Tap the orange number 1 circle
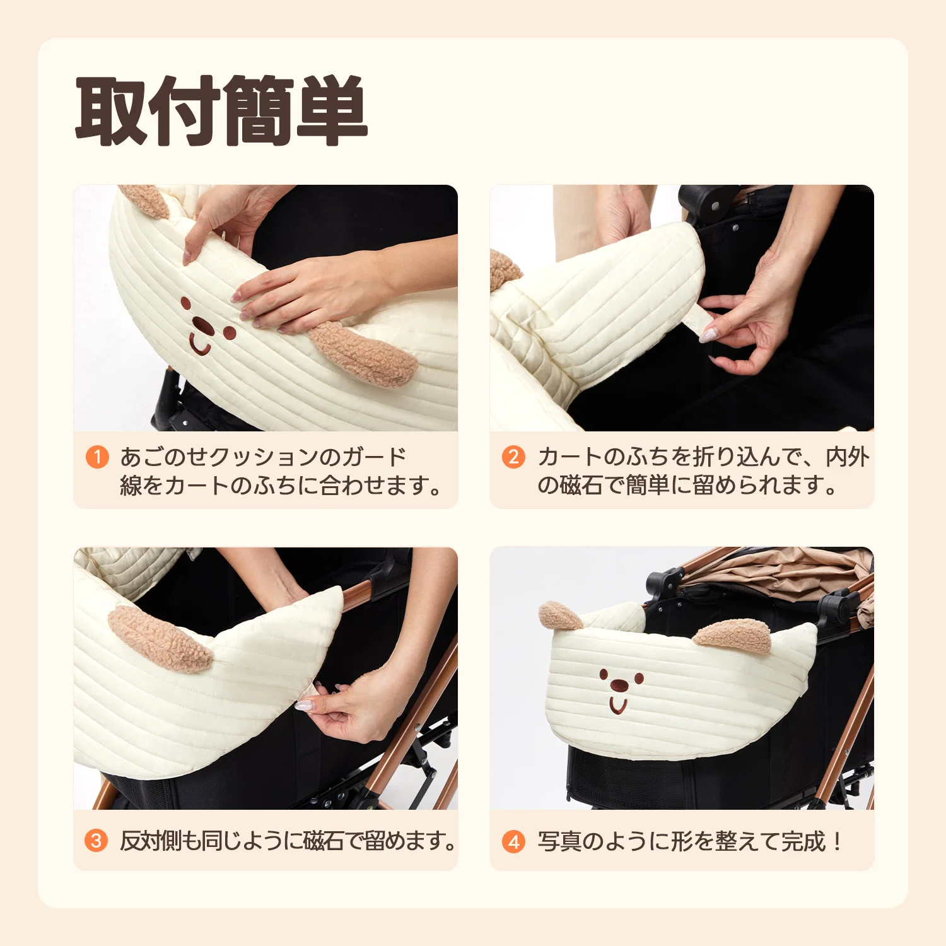(97, 457)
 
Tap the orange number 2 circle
(513, 457)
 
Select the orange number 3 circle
(96, 841)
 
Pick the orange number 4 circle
(513, 841)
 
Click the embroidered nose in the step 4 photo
(618, 684)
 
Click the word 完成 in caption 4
(803, 841)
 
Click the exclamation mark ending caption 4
(837, 841)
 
